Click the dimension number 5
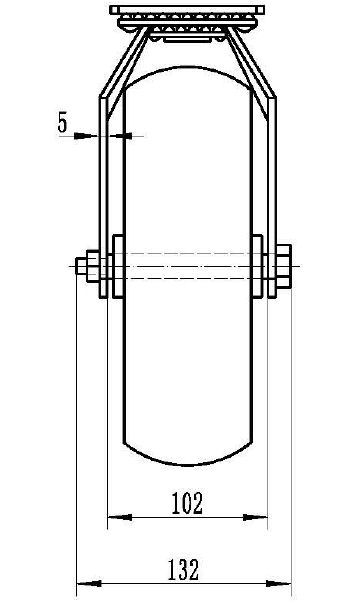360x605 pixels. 63,122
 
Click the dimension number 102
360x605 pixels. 187,503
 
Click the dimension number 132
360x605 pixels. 184,570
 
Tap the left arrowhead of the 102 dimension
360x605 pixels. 119,517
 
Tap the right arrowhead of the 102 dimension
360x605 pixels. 255,517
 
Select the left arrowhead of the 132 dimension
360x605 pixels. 89,583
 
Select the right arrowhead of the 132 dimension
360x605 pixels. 279,583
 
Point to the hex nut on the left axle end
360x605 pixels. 93,266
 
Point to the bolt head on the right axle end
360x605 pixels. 284,266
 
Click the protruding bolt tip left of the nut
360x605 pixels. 81,266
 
